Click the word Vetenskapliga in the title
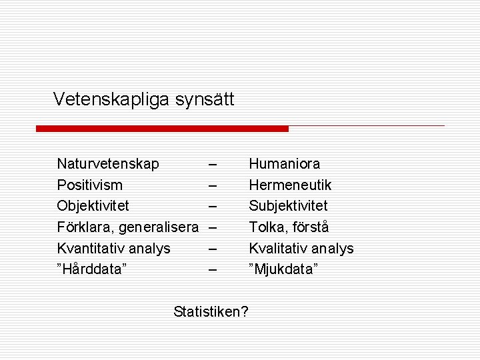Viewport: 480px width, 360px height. [x=111, y=100]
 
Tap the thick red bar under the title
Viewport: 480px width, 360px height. [x=162, y=128]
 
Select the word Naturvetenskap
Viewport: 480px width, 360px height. [x=108, y=164]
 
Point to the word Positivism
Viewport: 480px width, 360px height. [x=90, y=185]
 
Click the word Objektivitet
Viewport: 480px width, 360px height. [x=93, y=206]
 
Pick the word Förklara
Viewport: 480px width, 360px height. [x=85, y=227]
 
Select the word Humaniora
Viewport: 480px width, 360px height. [x=285, y=164]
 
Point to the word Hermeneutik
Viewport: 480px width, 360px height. [x=290, y=185]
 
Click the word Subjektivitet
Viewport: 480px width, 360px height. [x=288, y=206]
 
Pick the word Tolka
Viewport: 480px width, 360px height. [x=267, y=227]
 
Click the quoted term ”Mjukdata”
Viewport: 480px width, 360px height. [x=283, y=270]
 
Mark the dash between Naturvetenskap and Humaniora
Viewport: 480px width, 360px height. [x=212, y=164]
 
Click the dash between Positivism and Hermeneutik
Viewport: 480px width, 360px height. [x=212, y=185]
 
